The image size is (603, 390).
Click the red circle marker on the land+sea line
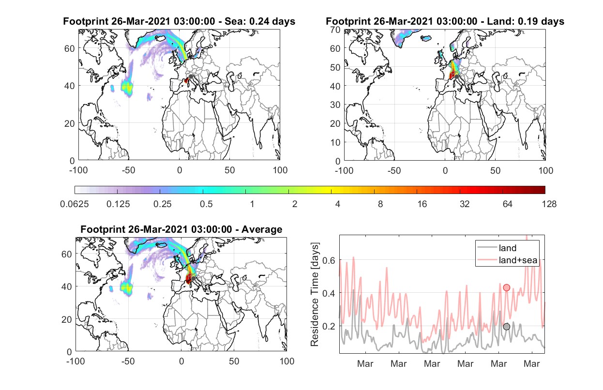tap(506, 288)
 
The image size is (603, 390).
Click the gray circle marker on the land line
tap(506, 327)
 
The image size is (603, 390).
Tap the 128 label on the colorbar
tap(549, 204)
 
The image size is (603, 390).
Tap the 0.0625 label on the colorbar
tap(75, 204)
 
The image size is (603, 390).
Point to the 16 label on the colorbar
tap(422, 204)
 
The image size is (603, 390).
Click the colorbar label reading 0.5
tap(206, 204)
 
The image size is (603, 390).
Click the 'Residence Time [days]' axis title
tap(315, 294)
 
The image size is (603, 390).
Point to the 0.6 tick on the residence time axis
tap(329, 260)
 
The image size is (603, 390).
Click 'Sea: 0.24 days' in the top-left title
tap(260, 21)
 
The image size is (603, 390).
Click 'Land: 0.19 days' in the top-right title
tap(526, 21)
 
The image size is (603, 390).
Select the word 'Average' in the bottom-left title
tap(262, 229)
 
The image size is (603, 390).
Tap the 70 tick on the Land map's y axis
tap(335, 30)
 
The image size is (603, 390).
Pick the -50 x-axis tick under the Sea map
tap(128, 170)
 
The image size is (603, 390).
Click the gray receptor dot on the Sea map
tap(191, 76)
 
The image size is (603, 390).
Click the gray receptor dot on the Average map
tap(193, 278)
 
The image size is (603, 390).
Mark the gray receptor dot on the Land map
tap(456, 77)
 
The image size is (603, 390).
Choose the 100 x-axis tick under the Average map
tap(287, 361)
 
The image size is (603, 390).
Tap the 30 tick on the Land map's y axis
tap(335, 105)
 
